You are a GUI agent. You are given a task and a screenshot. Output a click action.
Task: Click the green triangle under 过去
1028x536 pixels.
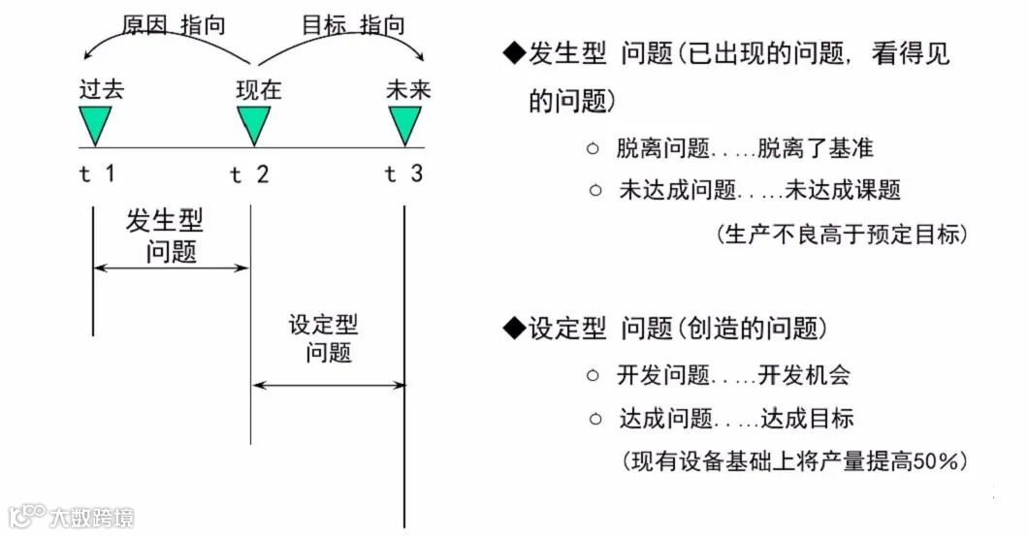click(95, 123)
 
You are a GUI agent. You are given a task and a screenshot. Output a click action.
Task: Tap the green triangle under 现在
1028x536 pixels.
click(253, 123)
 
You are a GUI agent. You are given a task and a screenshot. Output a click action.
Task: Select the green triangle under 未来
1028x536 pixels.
click(405, 123)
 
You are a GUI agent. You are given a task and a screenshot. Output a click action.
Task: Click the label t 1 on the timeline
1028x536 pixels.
click(98, 174)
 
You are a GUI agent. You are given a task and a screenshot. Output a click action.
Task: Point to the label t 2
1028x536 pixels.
click(250, 175)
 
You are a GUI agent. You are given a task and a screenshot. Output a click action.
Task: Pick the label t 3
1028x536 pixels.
click(403, 174)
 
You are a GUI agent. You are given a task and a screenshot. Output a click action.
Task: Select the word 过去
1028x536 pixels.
click(103, 90)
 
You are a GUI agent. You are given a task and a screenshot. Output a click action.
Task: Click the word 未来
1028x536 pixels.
click(407, 90)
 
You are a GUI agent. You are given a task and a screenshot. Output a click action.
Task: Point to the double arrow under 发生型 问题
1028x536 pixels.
click(172, 268)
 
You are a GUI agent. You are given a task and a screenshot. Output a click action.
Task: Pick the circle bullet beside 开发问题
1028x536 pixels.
click(594, 374)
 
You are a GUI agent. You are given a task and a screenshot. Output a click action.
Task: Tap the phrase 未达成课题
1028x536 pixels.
click(842, 190)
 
